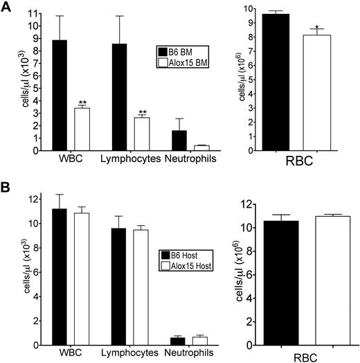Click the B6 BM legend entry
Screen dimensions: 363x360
click(x=181, y=50)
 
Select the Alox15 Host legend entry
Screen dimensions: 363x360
click(x=188, y=265)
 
